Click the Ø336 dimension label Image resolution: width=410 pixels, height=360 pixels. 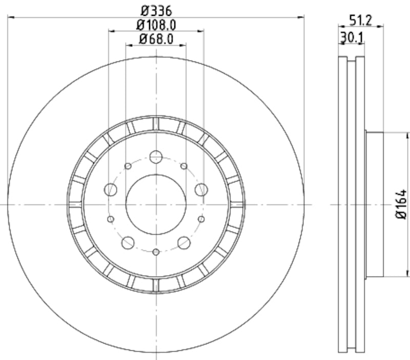pos(156,10)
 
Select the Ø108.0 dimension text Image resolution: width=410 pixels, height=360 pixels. pos(156,24)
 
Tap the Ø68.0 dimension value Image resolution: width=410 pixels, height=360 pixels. pos(156,38)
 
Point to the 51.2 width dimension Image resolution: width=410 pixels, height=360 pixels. pos(360,20)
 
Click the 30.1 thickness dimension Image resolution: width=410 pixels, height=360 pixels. pos(352,37)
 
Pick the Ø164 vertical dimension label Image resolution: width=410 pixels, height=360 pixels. pos(401,205)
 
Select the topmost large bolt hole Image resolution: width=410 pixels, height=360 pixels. pos(156,157)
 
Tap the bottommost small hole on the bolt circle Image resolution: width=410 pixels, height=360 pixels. pos(156,251)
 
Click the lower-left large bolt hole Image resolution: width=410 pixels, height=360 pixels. pos(128,242)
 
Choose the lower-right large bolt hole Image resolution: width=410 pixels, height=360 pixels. pos(184,242)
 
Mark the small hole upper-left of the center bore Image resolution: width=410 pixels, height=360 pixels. pos(128,166)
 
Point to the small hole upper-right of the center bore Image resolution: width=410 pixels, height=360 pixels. pos(184,166)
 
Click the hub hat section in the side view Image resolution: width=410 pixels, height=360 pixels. pos(374,204)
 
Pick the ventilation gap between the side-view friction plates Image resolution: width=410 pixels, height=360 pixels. pos(352,204)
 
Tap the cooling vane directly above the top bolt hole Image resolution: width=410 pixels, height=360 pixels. pos(156,123)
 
